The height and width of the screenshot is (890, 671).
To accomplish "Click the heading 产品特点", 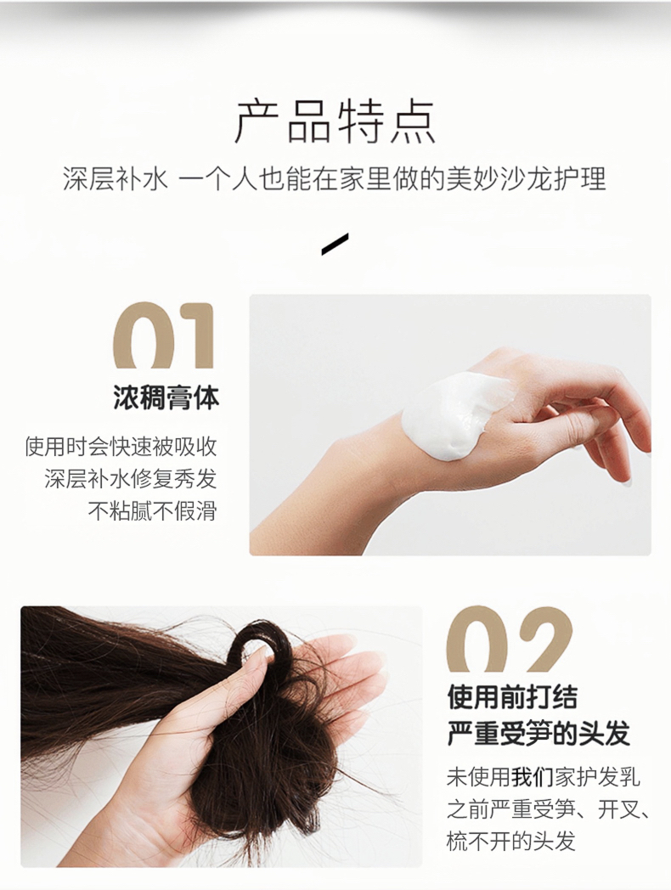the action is [335, 121].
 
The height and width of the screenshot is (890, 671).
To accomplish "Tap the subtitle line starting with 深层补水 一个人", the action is [335, 177].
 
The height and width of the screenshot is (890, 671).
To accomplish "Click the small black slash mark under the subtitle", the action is [335, 243].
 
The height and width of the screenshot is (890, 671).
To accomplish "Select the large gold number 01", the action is [164, 336].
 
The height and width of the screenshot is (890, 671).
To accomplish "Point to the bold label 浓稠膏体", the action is [166, 397].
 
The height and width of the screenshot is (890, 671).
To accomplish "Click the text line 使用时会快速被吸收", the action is [121, 447].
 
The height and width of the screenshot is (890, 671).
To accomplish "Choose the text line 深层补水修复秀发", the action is [131, 479].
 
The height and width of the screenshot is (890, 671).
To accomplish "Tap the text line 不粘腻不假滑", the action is [153, 511].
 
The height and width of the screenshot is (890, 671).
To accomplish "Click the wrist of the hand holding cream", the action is [364, 454].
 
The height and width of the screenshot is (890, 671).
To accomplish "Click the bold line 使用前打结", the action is [512, 697].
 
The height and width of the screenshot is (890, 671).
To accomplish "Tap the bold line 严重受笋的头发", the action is [538, 734].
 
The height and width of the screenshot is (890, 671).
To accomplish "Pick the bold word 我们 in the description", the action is [532, 777].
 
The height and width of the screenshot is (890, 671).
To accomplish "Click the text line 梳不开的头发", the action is [511, 841].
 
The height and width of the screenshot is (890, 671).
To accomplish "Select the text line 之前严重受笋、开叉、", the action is [549, 808].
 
